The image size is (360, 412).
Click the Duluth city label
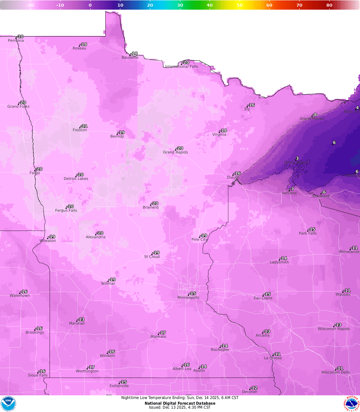pyautogui.click(x=233, y=178)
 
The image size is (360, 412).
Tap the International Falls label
pyautogui.click(x=182, y=67)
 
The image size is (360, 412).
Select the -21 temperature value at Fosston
pyautogui.click(x=84, y=126)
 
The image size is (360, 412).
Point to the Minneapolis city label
pyautogui.click(x=188, y=297)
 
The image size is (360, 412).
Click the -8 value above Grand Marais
pyautogui.click(x=314, y=115)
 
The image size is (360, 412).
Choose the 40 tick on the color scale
pyautogui.click(x=210, y=5)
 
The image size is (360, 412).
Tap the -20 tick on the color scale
pyautogui.click(x=30, y=5)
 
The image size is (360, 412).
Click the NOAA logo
pyautogui.click(x=8, y=403)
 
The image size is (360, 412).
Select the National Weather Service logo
pyautogui.click(x=352, y=403)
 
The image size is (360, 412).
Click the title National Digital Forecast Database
pyautogui.click(x=180, y=403)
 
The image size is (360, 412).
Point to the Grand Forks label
pyautogui.click(x=18, y=107)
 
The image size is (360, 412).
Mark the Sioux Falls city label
pyautogui.click(x=38, y=375)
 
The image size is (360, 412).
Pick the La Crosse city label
pyautogui.click(x=273, y=358)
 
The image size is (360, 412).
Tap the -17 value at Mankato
pyautogui.click(x=162, y=333)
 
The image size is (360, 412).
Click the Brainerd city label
pyautogui.click(x=151, y=207)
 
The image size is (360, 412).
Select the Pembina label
pyautogui.click(x=16, y=41)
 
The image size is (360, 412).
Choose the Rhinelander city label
pyautogui.click(x=349, y=252)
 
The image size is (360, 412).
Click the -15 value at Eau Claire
pyautogui.click(x=267, y=294)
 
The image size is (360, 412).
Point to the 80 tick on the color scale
pyautogui.click(x=329, y=5)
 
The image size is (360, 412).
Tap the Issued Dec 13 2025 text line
pyautogui.click(x=180, y=407)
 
